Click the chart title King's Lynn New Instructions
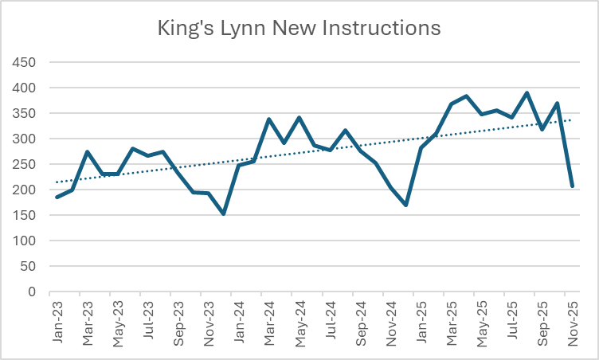point(299,29)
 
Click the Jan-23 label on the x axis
point(57,323)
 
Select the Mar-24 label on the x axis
point(269,323)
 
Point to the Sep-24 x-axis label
point(360,323)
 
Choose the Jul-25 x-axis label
point(511,323)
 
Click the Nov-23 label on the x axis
point(209,323)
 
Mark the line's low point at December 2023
point(224,213)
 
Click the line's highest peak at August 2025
point(527,93)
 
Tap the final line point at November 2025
point(572,186)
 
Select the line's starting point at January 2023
point(57,197)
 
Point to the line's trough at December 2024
point(405,205)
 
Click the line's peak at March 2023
point(88,152)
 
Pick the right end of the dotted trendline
point(572,120)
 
